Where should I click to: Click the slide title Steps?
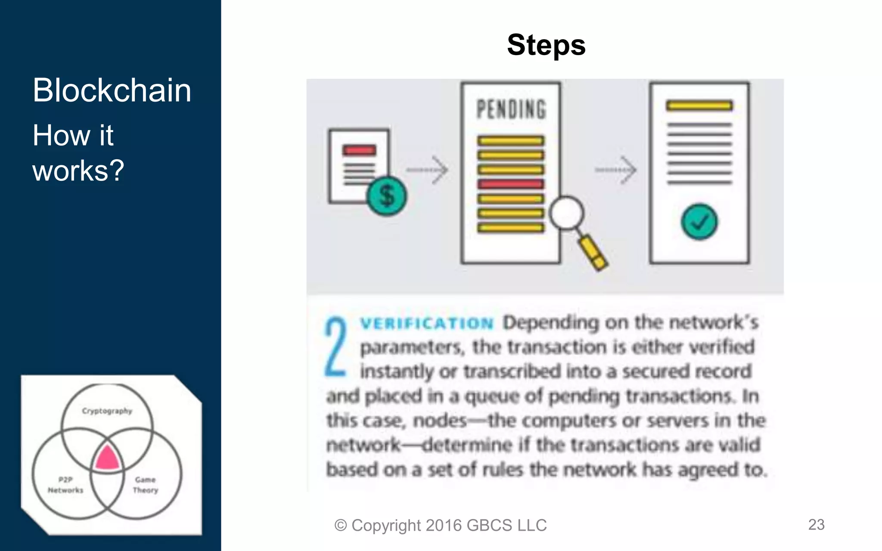click(546, 45)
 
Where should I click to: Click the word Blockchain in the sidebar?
click(112, 90)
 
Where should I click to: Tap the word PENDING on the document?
click(511, 109)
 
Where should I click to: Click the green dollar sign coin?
click(386, 196)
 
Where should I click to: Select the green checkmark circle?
click(699, 222)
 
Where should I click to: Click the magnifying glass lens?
click(566, 213)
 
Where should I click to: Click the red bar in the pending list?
click(511, 184)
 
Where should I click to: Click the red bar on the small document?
click(359, 150)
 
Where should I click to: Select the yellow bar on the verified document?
click(699, 105)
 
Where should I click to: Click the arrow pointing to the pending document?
click(427, 170)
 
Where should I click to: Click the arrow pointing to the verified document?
click(616, 170)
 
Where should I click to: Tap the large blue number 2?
click(335, 347)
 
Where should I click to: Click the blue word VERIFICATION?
click(426, 323)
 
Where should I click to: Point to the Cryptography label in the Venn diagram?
click(107, 411)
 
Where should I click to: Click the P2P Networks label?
click(65, 485)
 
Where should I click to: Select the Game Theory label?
click(146, 485)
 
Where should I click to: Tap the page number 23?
click(816, 524)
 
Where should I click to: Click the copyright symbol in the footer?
click(340, 526)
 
